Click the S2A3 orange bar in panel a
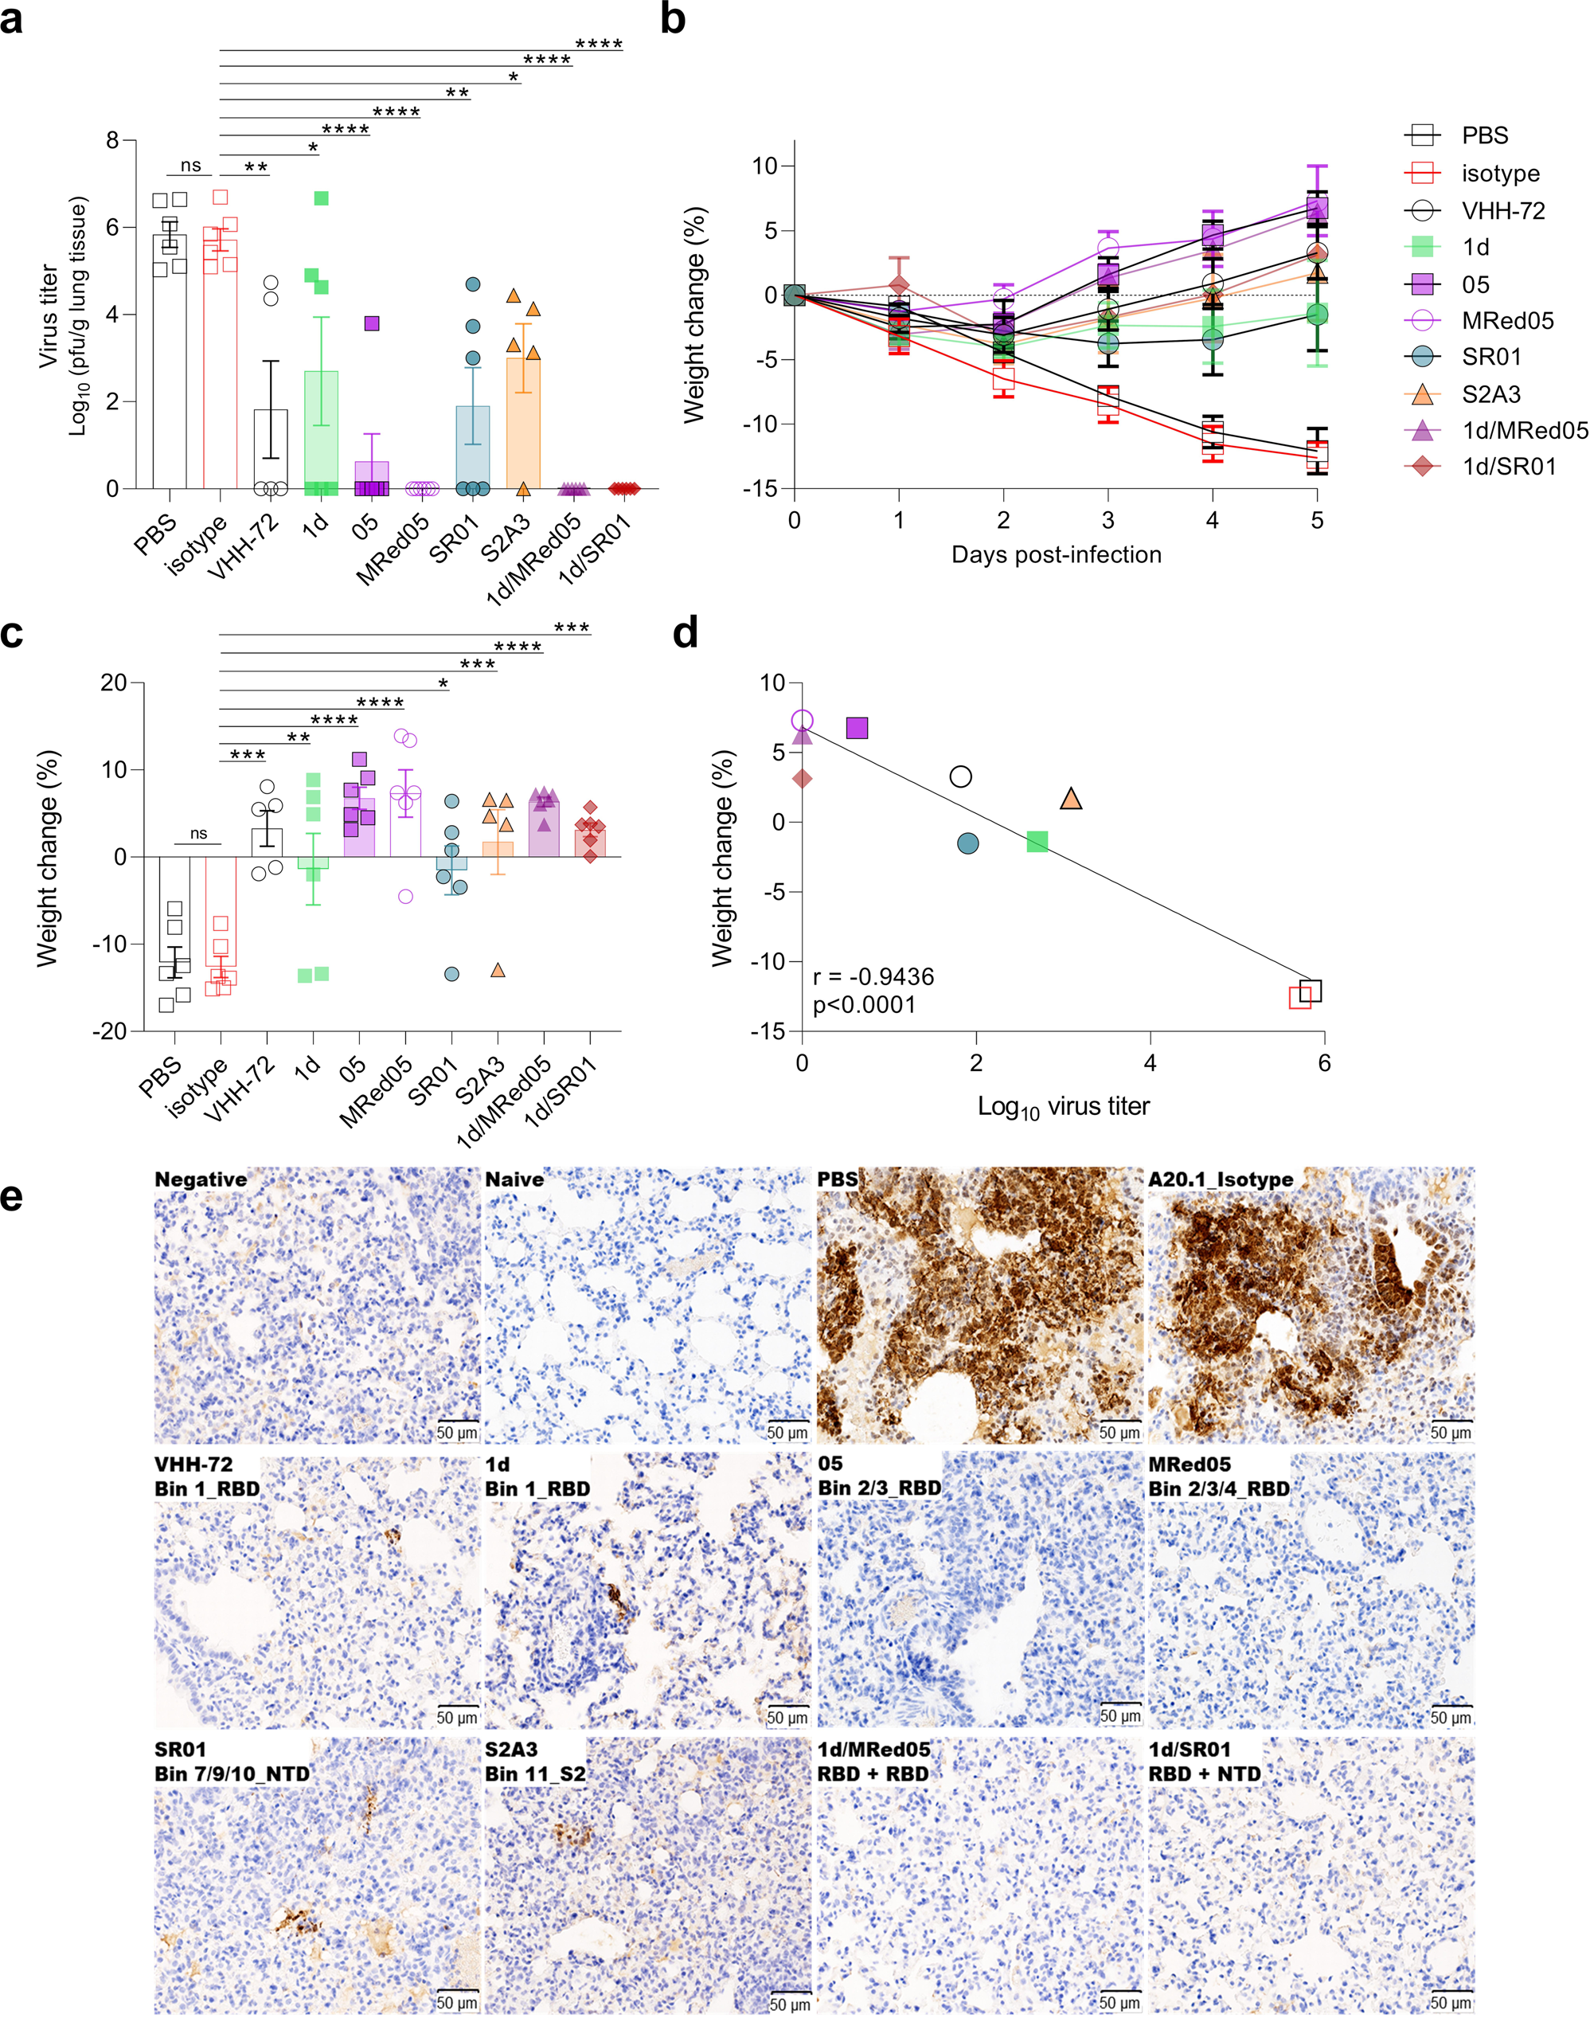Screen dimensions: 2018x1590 point(522,424)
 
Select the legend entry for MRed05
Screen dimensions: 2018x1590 point(1507,321)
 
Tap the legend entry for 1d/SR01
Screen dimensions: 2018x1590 point(1508,467)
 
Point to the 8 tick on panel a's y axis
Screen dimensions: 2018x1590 point(112,141)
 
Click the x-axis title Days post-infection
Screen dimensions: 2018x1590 point(1056,555)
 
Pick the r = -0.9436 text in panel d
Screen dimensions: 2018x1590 point(873,977)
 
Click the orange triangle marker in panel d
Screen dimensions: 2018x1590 point(1071,799)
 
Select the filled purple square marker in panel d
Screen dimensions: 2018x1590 point(857,728)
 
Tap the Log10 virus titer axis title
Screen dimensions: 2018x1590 point(1063,1106)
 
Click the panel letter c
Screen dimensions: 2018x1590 point(12,633)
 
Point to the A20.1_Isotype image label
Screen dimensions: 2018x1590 point(1221,1180)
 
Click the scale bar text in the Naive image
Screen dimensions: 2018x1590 point(787,1432)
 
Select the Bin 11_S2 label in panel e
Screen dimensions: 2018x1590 point(535,1774)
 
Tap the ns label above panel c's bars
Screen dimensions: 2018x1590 point(198,834)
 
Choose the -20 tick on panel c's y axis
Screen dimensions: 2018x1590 point(110,1031)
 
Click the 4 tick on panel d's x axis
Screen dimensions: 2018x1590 point(1151,1062)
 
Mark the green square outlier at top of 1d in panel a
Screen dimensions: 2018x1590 point(321,198)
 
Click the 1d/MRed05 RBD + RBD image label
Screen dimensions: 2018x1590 point(873,1762)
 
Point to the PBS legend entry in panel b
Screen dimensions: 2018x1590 point(1484,136)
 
